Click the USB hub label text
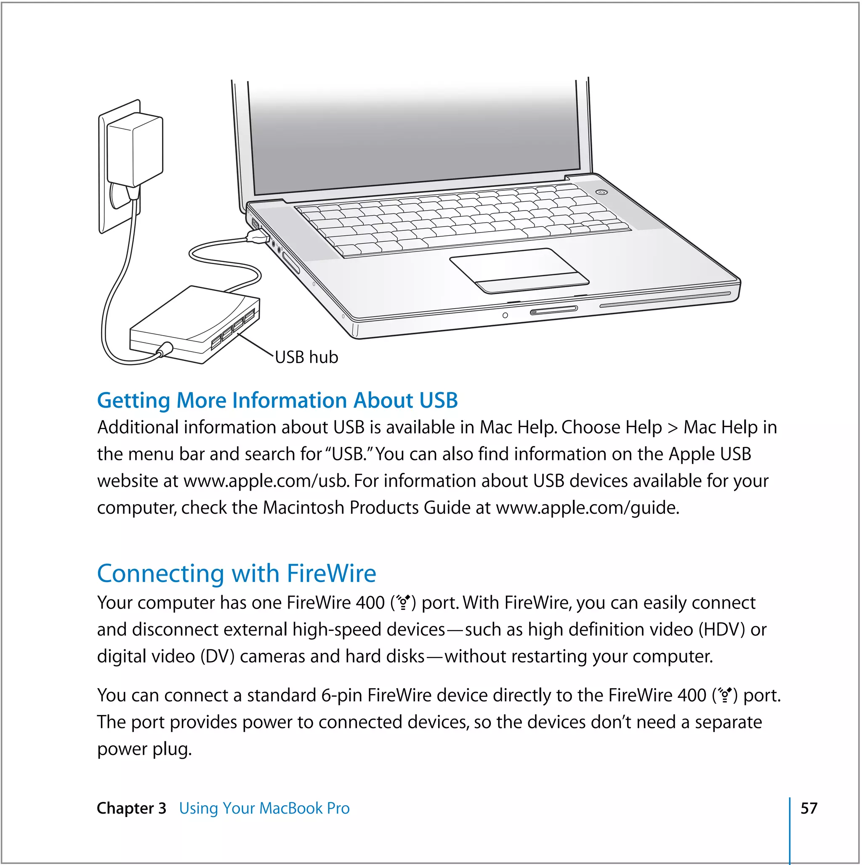306,357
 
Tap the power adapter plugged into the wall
135,150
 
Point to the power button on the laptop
602,192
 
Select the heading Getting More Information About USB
277,400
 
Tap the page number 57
809,808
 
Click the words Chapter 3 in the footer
131,808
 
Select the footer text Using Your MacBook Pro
264,808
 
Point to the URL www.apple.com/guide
587,508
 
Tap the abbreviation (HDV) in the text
721,630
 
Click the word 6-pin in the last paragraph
341,695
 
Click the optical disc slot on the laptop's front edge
665,299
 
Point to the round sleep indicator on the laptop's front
505,315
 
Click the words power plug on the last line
144,749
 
